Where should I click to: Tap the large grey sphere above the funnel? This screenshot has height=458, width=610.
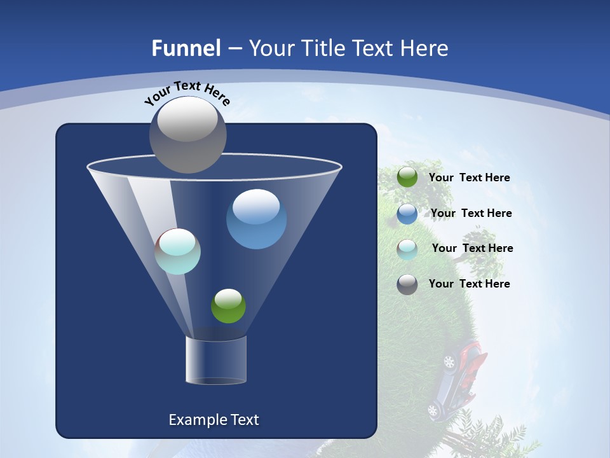(x=188, y=134)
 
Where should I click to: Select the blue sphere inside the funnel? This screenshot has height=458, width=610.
(x=256, y=219)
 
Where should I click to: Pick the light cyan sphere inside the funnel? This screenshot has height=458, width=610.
(x=178, y=251)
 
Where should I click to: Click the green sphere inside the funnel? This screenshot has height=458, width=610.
(x=228, y=306)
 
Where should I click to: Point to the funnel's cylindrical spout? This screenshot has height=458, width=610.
(x=216, y=360)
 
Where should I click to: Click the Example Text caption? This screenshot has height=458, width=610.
(x=213, y=420)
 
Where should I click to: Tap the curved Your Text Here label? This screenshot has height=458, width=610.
(x=187, y=92)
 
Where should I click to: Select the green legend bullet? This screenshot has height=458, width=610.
(x=407, y=177)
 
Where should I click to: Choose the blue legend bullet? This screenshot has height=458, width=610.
(x=407, y=214)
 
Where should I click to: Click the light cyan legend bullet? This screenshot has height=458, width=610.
(x=407, y=249)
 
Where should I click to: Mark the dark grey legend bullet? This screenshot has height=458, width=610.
(x=407, y=284)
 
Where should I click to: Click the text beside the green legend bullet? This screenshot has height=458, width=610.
(x=469, y=178)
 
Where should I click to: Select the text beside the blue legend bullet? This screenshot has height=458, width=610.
(x=471, y=213)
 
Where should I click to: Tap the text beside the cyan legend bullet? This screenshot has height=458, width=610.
(x=472, y=248)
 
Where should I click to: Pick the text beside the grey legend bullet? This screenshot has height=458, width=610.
(x=469, y=284)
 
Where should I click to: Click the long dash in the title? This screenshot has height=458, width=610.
(x=234, y=49)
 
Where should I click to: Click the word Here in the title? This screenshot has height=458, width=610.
(x=424, y=48)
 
